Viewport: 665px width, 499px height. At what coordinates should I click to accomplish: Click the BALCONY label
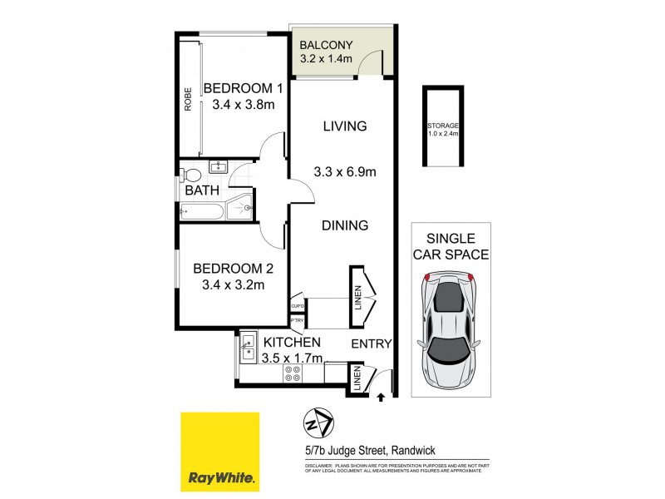pos(327,44)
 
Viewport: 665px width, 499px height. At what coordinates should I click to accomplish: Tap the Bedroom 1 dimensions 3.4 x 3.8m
pos(244,105)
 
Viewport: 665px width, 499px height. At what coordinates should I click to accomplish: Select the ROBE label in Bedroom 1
pos(189,100)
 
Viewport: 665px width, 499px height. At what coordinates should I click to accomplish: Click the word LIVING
pos(345,126)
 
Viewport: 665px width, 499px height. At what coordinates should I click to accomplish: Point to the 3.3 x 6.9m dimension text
pos(346,173)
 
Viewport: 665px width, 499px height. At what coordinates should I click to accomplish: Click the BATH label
pos(201,190)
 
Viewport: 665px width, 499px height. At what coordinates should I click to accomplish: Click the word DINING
pos(346,225)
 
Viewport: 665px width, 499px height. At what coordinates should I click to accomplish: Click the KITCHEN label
pos(292,343)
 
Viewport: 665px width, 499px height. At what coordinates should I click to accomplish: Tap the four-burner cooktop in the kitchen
pos(293,373)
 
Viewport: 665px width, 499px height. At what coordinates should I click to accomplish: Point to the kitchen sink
pos(247,347)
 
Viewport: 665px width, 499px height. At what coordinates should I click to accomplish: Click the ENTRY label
pos(371,343)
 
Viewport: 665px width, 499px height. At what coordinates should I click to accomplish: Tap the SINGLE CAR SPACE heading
pos(451,246)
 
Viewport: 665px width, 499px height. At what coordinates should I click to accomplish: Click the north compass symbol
pos(318,422)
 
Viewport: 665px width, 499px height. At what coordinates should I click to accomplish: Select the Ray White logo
pos(220,452)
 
